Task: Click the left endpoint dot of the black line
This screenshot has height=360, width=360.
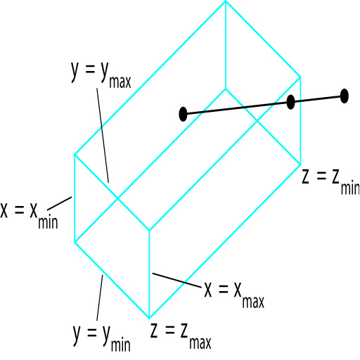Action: pos(183,114)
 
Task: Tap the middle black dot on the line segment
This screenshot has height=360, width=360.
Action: pos(290,102)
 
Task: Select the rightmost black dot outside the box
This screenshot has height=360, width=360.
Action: pos(344,96)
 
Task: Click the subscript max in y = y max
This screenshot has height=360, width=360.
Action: pos(120,82)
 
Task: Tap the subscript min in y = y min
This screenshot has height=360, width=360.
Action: pos(121,344)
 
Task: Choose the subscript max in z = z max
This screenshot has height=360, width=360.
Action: pos(200,342)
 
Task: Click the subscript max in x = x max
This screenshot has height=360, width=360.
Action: pos(253,302)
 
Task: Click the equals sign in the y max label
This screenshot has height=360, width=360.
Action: pos(91,69)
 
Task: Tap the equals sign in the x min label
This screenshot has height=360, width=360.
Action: pos(19,210)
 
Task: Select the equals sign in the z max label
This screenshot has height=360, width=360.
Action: pos(170,330)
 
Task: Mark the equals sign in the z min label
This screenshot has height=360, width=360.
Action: pos(321,176)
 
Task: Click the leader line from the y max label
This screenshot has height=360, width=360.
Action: pos(103,135)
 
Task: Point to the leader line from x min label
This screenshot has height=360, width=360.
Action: pos(60,203)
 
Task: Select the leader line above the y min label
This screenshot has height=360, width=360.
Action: pos(100,297)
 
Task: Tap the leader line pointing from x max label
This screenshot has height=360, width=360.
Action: pos(177,281)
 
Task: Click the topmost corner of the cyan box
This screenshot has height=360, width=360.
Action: pos(226,1)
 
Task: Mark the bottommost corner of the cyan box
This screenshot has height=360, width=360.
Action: pos(150,318)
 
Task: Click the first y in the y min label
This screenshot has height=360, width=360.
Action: pos(77,335)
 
